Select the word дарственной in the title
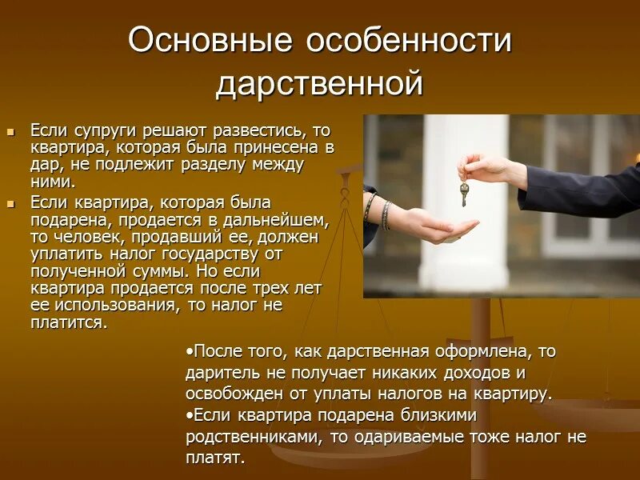319,83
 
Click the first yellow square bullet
11,130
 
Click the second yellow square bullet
11,204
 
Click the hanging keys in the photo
464,192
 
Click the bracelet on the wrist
385,214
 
